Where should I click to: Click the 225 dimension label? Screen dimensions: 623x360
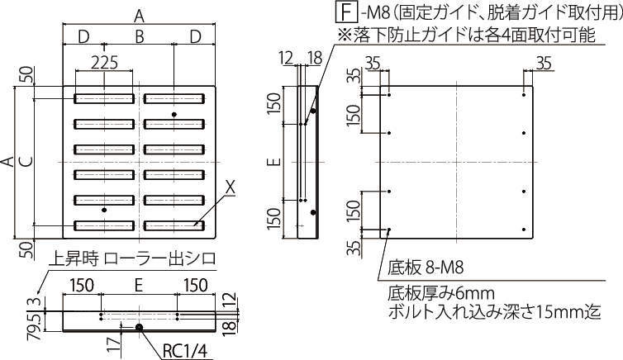[x=104, y=63]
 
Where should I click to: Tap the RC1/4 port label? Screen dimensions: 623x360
[x=185, y=351]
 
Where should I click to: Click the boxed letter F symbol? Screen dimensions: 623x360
[x=346, y=12]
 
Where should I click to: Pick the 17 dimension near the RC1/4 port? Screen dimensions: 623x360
[x=114, y=343]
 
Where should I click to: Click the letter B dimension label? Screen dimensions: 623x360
[x=139, y=37]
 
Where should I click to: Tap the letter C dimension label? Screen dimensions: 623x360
[x=27, y=162]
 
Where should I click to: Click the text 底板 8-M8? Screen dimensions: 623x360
[x=426, y=268]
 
